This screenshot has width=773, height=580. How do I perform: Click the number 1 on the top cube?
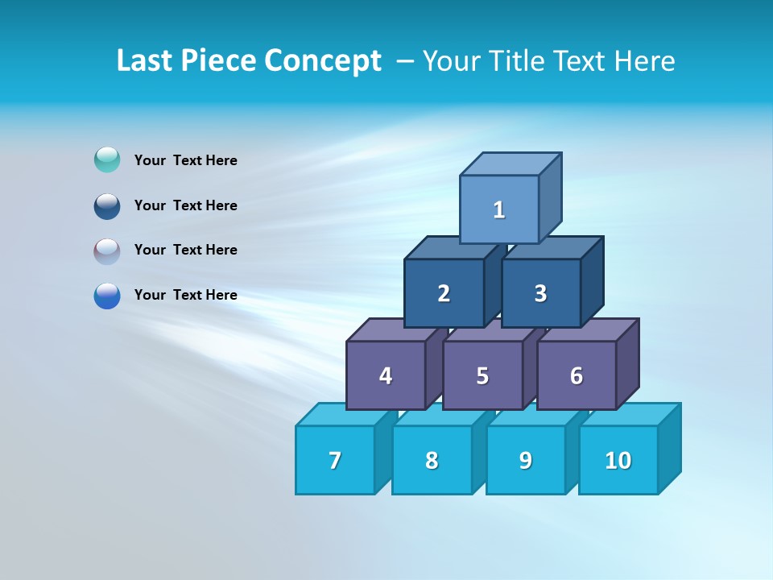point(499,209)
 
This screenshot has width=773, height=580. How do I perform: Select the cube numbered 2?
point(444,293)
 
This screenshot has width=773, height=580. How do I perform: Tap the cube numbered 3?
point(540,293)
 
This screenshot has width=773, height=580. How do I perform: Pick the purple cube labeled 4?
point(386,375)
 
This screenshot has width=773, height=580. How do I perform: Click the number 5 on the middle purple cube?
point(482,375)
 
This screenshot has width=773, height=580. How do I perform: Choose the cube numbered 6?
point(577,375)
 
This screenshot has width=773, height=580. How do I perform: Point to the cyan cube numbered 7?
point(335,460)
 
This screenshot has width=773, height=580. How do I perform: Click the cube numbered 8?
point(432,460)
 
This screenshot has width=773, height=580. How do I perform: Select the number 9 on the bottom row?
point(526,460)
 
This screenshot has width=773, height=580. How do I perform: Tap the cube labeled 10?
point(618,460)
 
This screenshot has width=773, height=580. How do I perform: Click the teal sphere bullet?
point(107,160)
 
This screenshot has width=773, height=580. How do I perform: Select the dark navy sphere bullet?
point(107,205)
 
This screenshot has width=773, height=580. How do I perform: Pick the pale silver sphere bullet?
point(107,251)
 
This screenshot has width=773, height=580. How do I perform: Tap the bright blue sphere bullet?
point(107,296)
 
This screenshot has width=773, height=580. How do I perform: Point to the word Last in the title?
point(146,61)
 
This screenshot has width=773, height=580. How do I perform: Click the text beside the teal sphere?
point(186,160)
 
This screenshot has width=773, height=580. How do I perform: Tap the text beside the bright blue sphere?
point(186,295)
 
